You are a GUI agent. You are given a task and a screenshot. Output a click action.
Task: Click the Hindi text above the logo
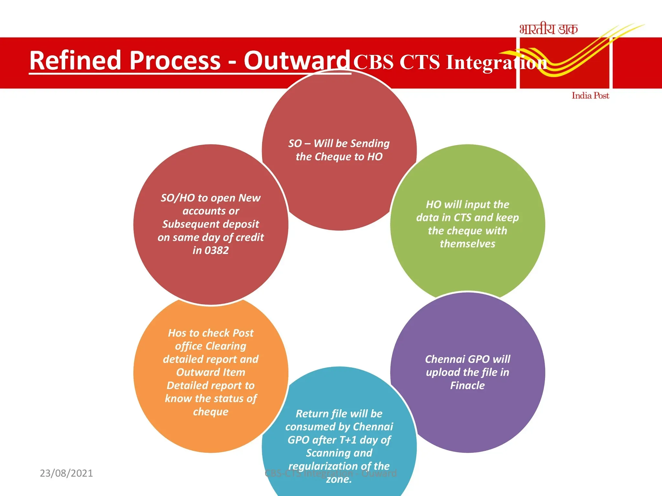click(548, 29)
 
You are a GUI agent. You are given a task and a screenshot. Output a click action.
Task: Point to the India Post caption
click(590, 96)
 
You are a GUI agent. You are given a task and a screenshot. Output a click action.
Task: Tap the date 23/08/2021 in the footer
click(66, 473)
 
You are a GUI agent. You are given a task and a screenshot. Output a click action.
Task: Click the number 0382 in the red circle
click(217, 251)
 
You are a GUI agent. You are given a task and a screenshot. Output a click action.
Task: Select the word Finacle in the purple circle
click(467, 386)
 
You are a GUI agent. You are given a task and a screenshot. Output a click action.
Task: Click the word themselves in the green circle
click(467, 244)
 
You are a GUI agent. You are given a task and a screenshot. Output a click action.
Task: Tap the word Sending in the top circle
click(370, 143)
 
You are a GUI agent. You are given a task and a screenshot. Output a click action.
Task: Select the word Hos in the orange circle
click(177, 333)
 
